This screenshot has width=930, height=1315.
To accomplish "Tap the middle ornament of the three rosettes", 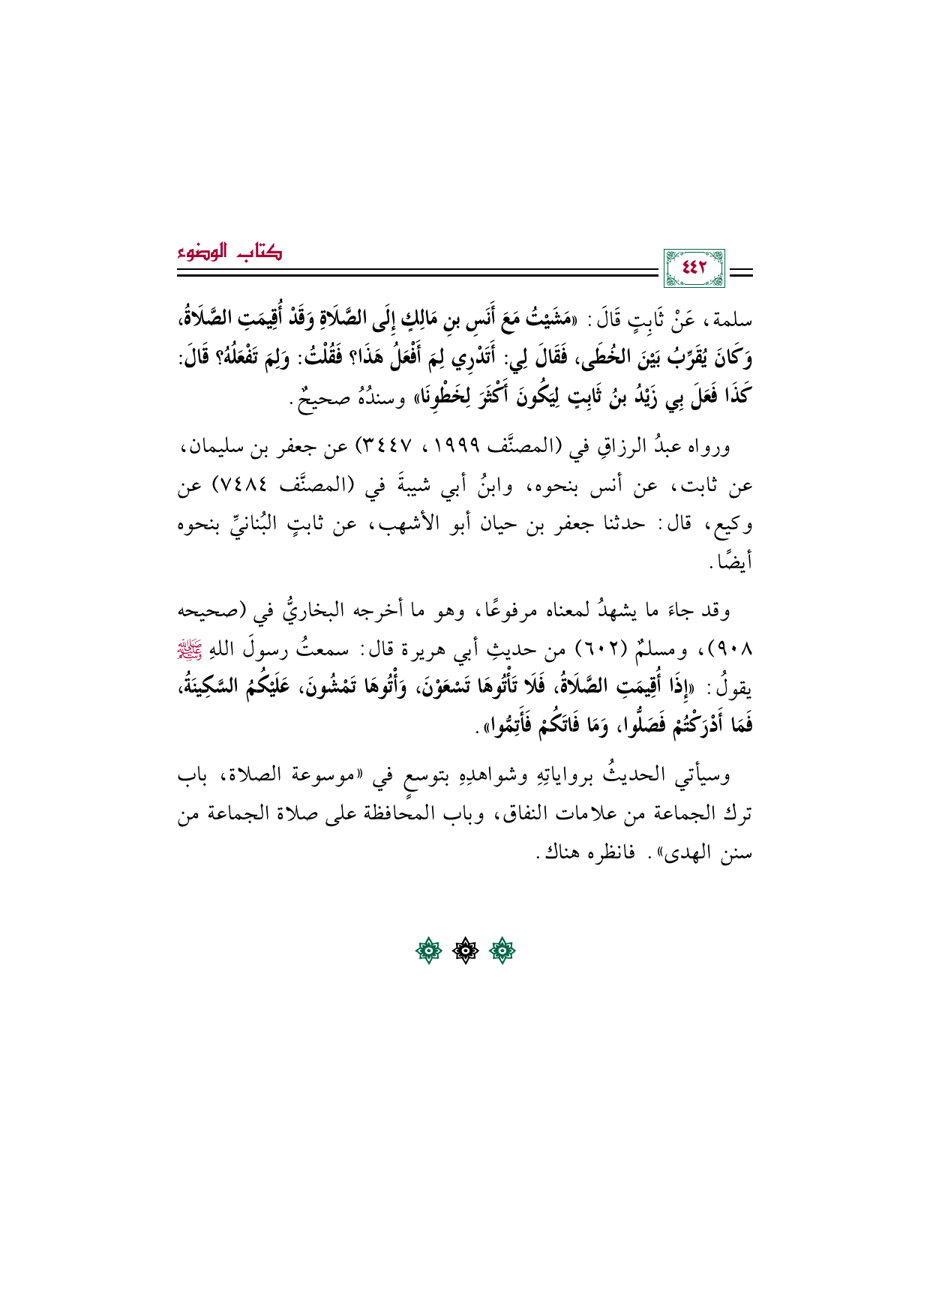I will tap(465, 951).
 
